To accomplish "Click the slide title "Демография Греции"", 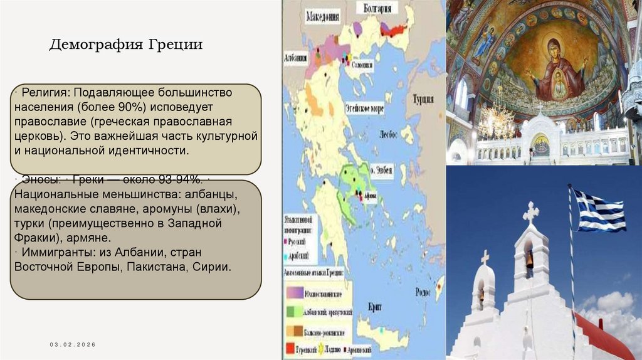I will pyautogui.click(x=126, y=45).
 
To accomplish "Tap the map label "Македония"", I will pyautogui.click(x=323, y=18).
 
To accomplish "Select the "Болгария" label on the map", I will pyautogui.click(x=377, y=8).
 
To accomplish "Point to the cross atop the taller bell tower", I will pyautogui.click(x=530, y=213).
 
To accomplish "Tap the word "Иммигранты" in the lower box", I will pyautogui.click(x=51, y=252).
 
